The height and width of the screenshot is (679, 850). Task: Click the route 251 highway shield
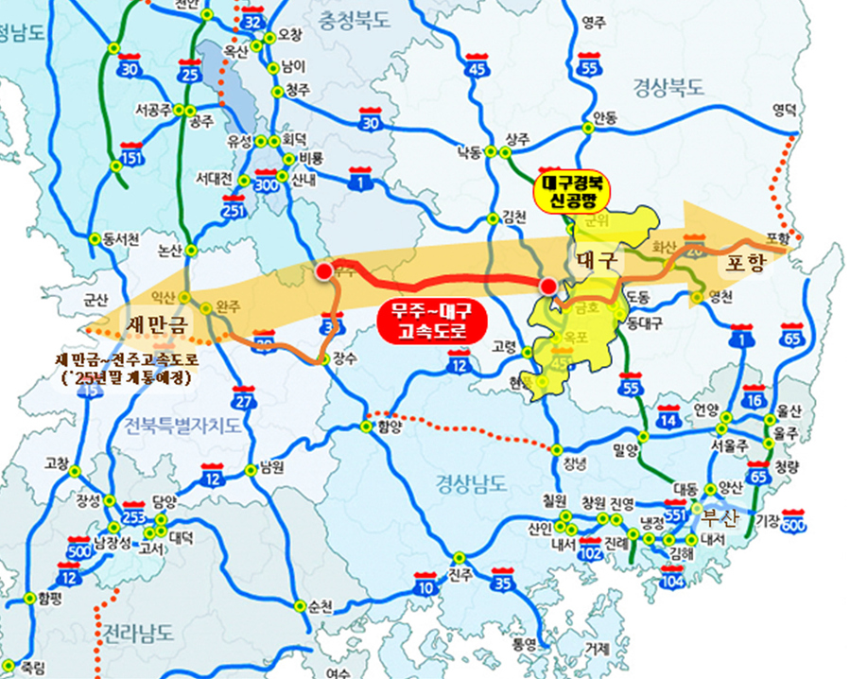234,205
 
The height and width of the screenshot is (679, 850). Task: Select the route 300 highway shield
268,183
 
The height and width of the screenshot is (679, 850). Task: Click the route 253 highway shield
134,514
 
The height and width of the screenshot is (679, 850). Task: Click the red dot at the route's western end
324,272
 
